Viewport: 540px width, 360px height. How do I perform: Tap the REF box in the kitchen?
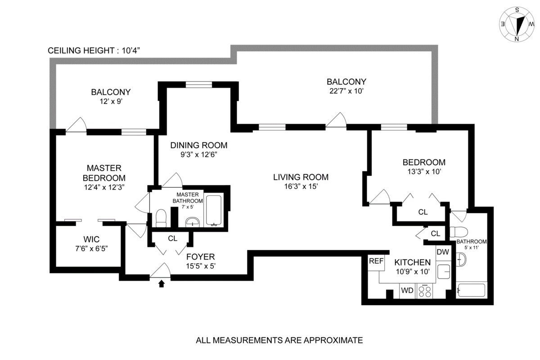(x=375, y=261)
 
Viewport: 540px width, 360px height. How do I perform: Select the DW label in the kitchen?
(x=443, y=252)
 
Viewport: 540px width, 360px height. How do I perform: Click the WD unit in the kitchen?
(x=407, y=291)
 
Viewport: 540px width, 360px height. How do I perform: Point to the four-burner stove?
(x=425, y=291)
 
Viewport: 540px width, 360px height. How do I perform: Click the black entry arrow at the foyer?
(x=162, y=283)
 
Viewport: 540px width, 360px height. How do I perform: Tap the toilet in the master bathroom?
(x=161, y=219)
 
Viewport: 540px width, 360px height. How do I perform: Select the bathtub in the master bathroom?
(x=213, y=211)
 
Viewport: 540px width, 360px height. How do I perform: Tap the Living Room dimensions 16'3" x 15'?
(x=301, y=187)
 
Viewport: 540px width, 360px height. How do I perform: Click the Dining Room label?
(x=198, y=145)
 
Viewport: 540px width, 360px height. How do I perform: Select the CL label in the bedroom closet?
(x=423, y=211)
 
